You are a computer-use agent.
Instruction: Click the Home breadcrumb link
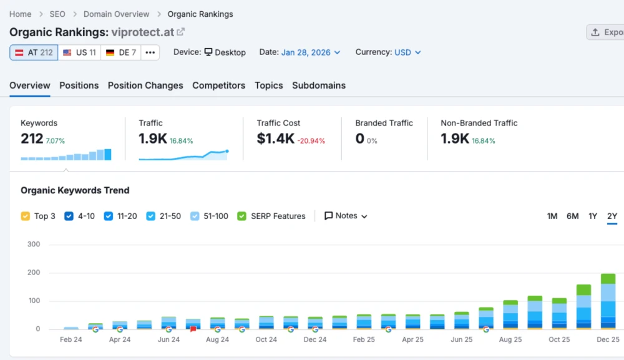(x=20, y=14)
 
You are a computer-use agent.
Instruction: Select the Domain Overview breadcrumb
(x=116, y=14)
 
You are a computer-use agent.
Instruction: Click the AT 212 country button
(x=34, y=52)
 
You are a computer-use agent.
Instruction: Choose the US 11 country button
(x=79, y=52)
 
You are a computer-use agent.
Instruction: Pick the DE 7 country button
(x=121, y=52)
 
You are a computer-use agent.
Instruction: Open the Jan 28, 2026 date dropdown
(x=310, y=52)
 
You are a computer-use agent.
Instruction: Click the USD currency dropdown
(x=407, y=52)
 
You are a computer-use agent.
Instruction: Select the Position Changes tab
(x=145, y=85)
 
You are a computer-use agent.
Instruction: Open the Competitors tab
(x=218, y=85)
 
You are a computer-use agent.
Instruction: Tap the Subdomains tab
(x=318, y=85)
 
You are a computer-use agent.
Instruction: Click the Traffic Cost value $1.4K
(x=275, y=139)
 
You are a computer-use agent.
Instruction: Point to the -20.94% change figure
(x=311, y=141)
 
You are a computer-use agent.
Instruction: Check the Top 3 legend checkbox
(x=26, y=216)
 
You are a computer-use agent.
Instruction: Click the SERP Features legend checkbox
(x=242, y=216)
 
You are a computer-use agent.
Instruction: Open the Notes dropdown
(x=346, y=216)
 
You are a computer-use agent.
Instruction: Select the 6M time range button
(x=572, y=216)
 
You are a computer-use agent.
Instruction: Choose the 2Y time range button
(x=612, y=216)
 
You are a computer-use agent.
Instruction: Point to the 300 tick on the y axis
(x=34, y=244)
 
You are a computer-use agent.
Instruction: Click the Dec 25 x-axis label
(x=608, y=339)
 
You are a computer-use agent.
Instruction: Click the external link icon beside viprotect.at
(x=181, y=32)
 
